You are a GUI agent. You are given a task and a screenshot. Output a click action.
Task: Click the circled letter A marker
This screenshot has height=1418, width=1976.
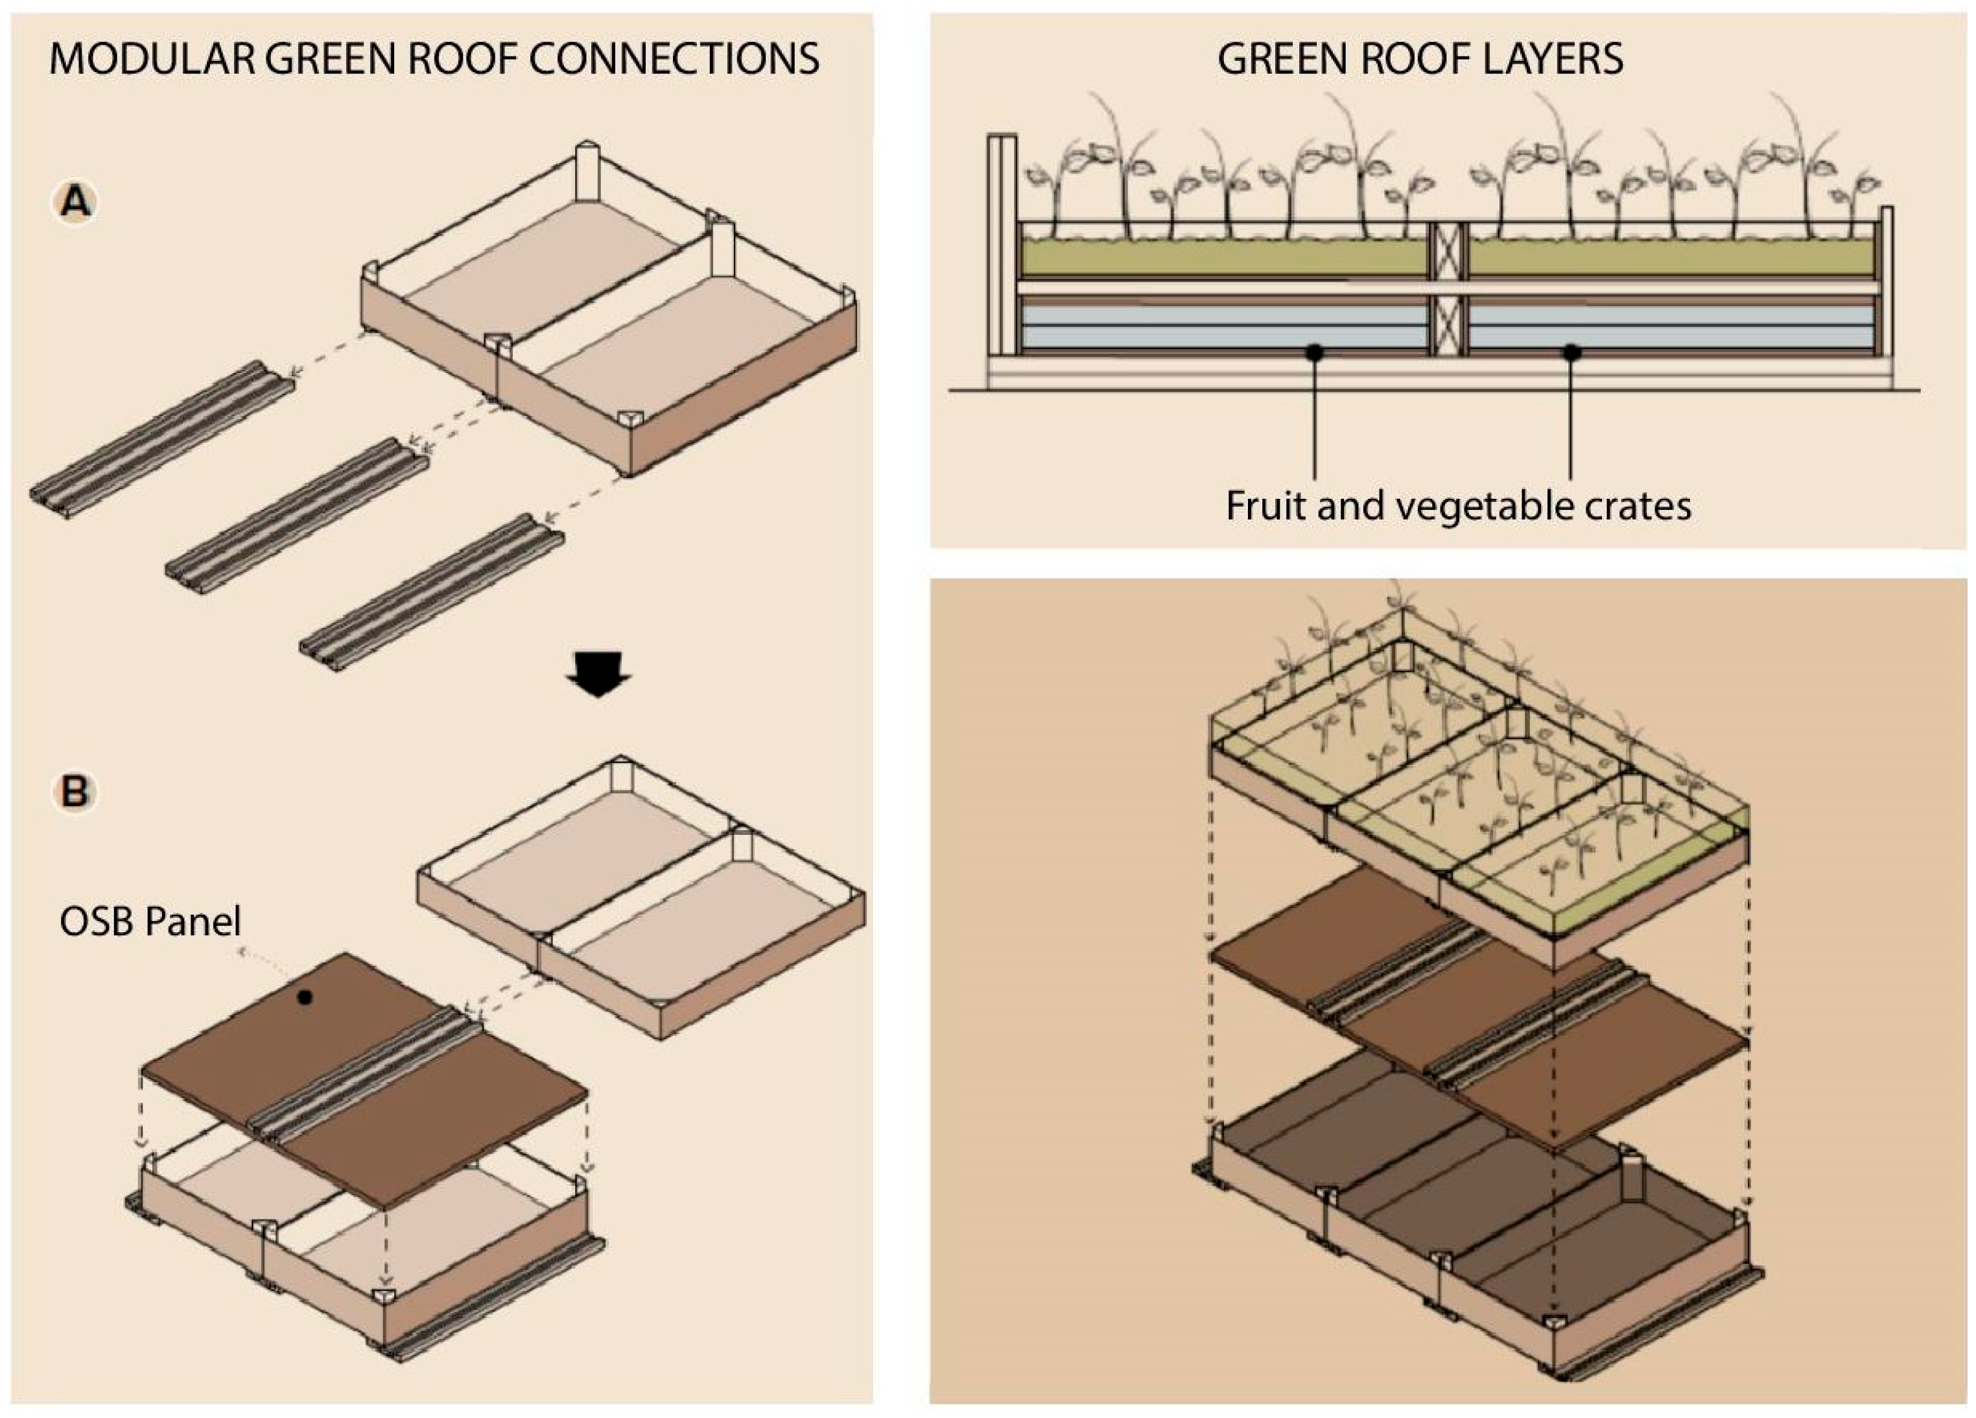pos(76,203)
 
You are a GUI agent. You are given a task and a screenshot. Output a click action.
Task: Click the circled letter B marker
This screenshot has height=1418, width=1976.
pos(75,792)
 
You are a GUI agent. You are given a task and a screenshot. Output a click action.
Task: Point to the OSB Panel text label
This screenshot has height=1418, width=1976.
pos(150,921)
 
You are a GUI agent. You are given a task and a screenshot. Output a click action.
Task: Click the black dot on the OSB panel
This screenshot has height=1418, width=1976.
pos(304,998)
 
